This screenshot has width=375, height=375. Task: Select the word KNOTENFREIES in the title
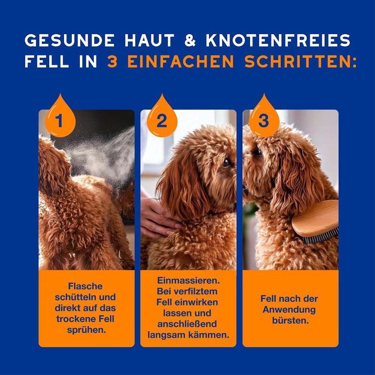pos(278,40)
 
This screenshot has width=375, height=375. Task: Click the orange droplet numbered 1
pos(60,119)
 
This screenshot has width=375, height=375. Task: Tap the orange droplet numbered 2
pos(162,119)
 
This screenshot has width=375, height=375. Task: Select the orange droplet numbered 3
pos(264,119)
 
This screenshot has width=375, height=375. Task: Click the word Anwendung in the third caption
pos(289,310)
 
